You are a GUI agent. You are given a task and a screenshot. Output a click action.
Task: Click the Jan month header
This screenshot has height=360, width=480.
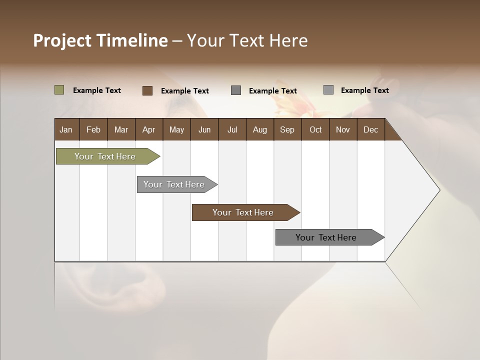click(x=66, y=130)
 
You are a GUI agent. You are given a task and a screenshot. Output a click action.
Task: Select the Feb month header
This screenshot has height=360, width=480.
click(x=93, y=130)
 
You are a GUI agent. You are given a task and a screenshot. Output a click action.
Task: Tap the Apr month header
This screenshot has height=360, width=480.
click(x=148, y=130)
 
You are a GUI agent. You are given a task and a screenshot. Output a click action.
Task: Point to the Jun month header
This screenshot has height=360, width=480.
click(x=204, y=130)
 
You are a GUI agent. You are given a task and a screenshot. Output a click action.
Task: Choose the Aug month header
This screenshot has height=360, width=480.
click(x=259, y=130)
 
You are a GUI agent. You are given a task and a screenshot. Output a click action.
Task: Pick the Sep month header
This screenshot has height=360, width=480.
click(x=287, y=130)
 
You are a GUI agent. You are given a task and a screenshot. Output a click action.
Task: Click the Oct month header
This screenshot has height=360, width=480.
click(x=315, y=130)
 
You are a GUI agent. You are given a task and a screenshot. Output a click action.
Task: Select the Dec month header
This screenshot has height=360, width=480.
click(x=370, y=130)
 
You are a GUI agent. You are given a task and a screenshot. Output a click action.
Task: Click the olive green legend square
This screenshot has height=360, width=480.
click(x=59, y=90)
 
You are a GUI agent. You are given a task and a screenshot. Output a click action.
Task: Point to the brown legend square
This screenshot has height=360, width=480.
click(x=147, y=90)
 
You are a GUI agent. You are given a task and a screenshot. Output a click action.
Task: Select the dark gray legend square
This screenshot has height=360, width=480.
click(x=236, y=90)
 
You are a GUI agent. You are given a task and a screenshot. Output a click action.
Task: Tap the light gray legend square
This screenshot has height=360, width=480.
click(x=328, y=90)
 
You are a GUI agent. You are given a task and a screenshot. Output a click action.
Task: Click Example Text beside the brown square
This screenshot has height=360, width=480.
click(x=184, y=91)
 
